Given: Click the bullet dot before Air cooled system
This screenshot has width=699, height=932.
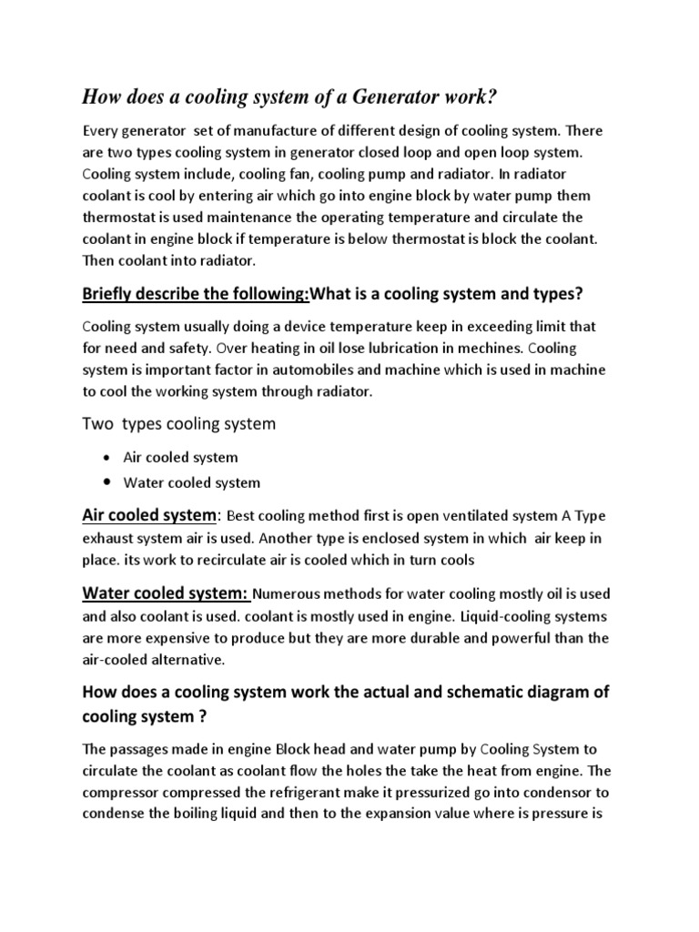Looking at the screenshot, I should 108,458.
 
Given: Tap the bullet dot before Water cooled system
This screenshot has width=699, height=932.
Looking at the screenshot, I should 108,482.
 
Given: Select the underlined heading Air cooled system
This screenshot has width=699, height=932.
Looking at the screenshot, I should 149,515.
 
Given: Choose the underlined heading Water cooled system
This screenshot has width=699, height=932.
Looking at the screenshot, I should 165,593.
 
